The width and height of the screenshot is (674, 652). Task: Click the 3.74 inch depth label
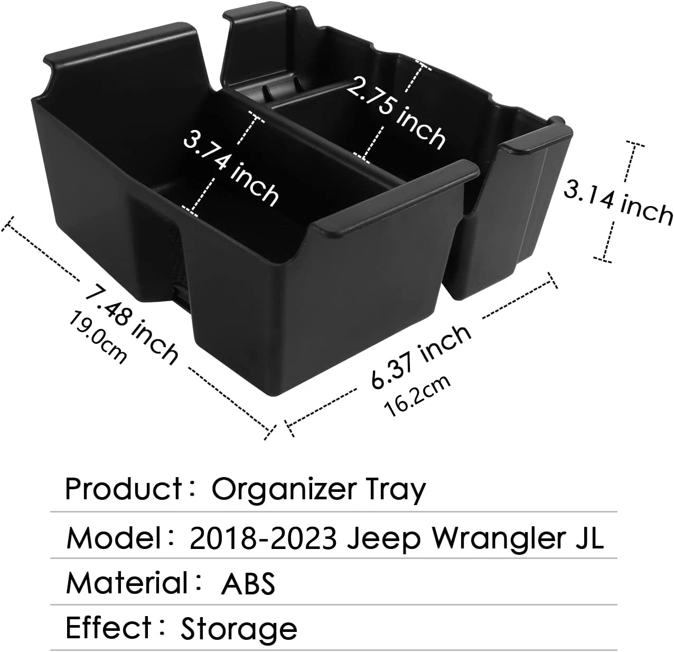[231, 168]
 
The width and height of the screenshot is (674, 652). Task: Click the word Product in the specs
[124, 489]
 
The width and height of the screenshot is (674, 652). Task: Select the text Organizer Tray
[318, 490]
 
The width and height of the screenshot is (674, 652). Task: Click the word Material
[127, 583]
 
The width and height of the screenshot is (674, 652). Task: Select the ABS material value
[248, 583]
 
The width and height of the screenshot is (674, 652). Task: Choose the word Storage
[239, 629]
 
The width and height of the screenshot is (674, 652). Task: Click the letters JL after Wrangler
[587, 538]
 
